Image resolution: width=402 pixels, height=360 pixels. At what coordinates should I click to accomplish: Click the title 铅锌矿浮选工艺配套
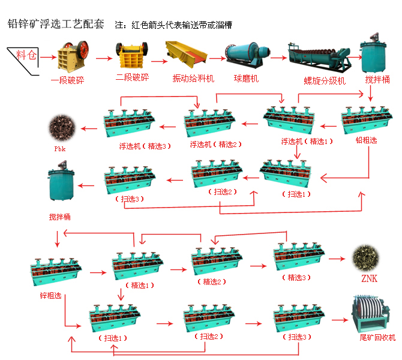coord(55,24)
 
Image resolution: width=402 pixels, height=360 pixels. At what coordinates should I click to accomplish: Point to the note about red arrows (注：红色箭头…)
coord(173,25)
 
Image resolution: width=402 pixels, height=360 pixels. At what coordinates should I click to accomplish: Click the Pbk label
coord(60,148)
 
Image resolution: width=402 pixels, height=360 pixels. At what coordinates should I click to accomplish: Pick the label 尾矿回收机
coord(377,338)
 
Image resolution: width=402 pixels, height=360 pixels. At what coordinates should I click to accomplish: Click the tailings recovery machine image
coord(373,315)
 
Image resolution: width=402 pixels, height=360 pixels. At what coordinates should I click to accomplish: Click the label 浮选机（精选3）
coord(142,146)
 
